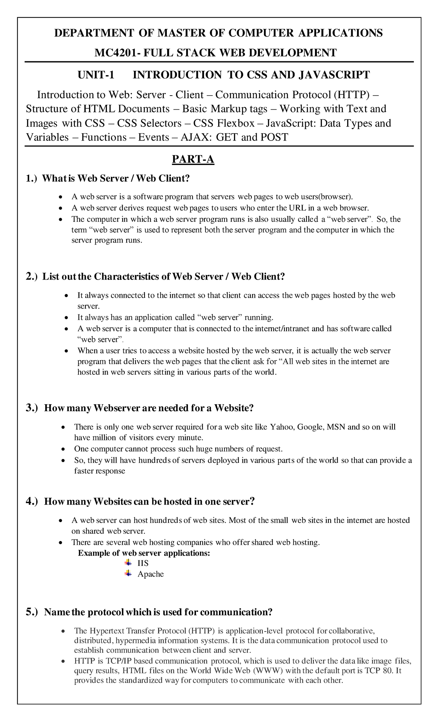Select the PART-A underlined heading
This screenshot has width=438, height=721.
coord(193,159)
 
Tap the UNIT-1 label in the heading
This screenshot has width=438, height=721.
coord(96,75)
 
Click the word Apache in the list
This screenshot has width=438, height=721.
coord(150,574)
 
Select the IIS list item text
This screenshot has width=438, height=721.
coord(143,563)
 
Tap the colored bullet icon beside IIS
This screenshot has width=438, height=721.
coord(128,562)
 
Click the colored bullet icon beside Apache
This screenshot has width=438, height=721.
coord(128,573)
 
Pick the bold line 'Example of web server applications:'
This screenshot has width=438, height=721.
coord(144,553)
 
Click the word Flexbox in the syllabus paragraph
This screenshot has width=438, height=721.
coord(235,123)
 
